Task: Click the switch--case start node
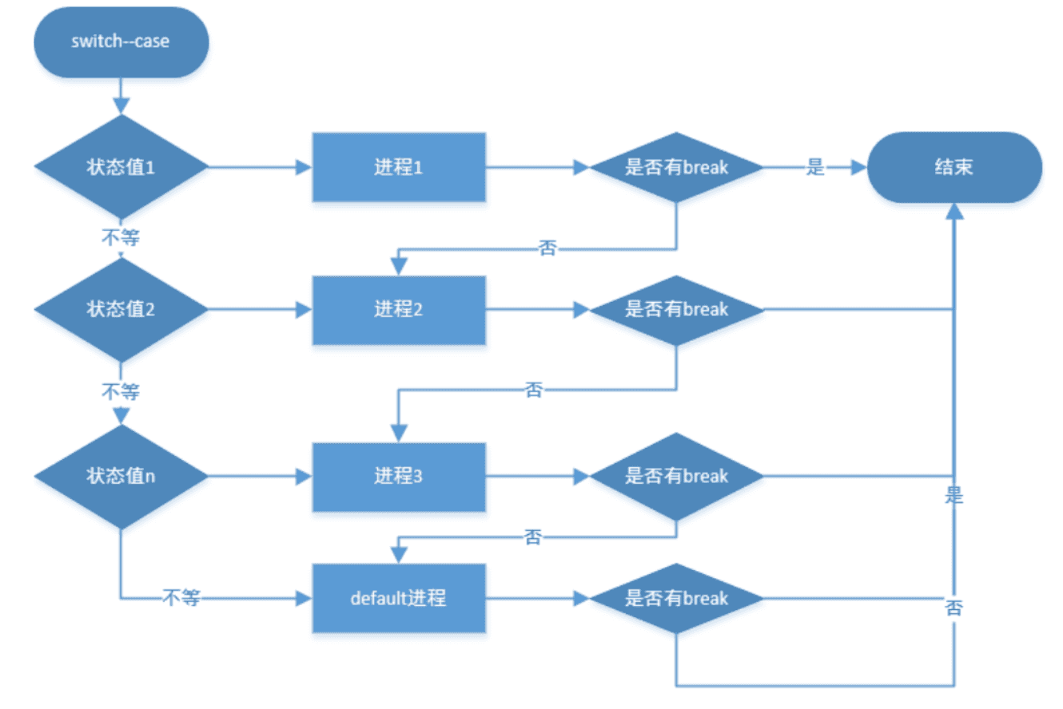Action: pyautogui.click(x=121, y=42)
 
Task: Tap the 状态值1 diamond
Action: pyautogui.click(x=121, y=168)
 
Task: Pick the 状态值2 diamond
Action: pyautogui.click(x=121, y=309)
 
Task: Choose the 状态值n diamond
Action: pyautogui.click(x=121, y=476)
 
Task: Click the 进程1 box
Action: pyautogui.click(x=398, y=168)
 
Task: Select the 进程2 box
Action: pyautogui.click(x=398, y=310)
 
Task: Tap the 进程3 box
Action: pyautogui.click(x=398, y=477)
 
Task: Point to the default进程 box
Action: pyautogui.click(x=398, y=598)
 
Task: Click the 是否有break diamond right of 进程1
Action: pyautogui.click(x=676, y=168)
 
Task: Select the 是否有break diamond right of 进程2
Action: pyautogui.click(x=676, y=310)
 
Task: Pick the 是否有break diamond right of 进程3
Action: pyautogui.click(x=676, y=477)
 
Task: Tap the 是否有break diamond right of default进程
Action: pyautogui.click(x=676, y=598)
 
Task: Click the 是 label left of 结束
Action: pyautogui.click(x=814, y=168)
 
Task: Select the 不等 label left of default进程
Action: pyautogui.click(x=180, y=597)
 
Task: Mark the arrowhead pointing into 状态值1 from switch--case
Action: pyautogui.click(x=121, y=106)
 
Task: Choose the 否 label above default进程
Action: pyautogui.click(x=533, y=537)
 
